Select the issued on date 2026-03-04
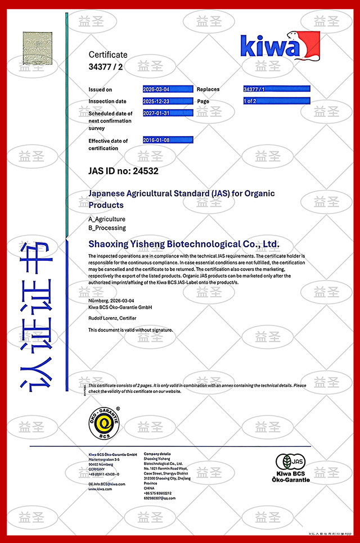pos(156,89)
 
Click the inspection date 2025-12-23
pos(156,101)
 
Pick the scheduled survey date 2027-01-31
pos(156,113)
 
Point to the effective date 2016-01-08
pos(156,140)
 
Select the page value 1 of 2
pos(251,101)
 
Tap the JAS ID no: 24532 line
pos(123,170)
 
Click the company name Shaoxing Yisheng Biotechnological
pos(184,244)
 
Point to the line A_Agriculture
pos(107,219)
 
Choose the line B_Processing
pos(107,228)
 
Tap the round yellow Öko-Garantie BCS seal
pos(103,423)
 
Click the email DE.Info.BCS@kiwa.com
pos(107,483)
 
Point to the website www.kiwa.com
pos(100,489)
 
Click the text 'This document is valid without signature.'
pos(130,330)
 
